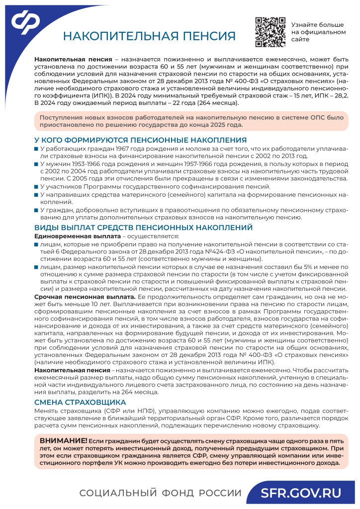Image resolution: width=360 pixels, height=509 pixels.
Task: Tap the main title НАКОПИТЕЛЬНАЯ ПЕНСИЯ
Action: [149, 36]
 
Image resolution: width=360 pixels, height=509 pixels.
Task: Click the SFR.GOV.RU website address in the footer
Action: [302, 493]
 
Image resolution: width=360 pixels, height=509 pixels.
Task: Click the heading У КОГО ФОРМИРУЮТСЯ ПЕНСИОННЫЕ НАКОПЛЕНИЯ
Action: [140, 140]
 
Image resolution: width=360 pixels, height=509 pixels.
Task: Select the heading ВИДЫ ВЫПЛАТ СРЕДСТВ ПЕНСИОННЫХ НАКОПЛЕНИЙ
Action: [143, 228]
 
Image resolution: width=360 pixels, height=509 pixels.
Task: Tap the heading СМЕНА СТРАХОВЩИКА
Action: [80, 402]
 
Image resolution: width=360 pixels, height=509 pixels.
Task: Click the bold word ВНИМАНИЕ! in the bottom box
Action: [64, 441]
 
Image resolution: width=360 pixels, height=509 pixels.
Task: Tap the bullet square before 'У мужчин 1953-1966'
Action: [36, 164]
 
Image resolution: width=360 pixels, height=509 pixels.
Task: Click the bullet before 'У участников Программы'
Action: [36, 186]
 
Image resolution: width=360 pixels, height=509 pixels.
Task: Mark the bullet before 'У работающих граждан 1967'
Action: [36, 149]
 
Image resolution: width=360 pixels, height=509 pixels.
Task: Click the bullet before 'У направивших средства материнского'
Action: [36, 194]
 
